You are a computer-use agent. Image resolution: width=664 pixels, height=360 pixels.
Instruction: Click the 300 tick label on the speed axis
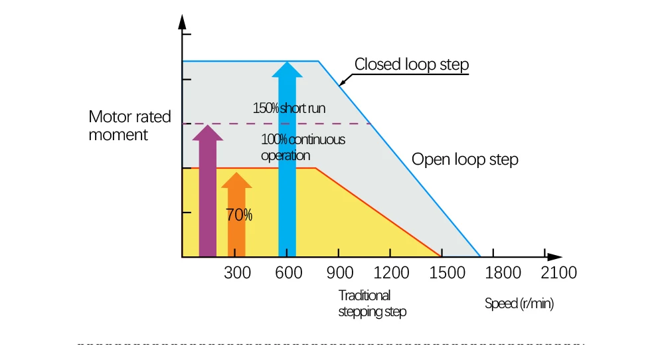click(237, 273)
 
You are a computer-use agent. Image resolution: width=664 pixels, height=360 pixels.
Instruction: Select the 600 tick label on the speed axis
click(289, 273)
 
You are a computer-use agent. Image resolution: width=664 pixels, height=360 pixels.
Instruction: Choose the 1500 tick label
click(444, 273)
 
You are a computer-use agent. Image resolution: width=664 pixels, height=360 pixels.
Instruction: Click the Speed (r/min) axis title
click(519, 304)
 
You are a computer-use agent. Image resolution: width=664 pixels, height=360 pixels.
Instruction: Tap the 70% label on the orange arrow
click(239, 215)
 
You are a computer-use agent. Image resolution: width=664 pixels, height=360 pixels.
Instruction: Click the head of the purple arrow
click(208, 132)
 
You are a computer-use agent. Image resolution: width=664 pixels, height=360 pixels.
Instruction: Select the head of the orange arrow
click(236, 180)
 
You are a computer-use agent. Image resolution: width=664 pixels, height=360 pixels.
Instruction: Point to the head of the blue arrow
click(287, 70)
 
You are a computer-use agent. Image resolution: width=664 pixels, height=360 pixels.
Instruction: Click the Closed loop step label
click(412, 64)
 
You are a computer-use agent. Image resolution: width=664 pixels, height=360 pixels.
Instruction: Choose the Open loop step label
click(465, 160)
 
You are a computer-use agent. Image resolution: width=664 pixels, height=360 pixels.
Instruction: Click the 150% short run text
click(289, 108)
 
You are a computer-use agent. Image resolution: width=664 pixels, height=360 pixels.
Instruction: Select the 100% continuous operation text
click(303, 147)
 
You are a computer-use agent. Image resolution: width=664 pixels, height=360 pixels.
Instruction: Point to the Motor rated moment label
click(129, 126)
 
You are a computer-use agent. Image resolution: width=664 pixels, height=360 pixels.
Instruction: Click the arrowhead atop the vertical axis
click(182, 21)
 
